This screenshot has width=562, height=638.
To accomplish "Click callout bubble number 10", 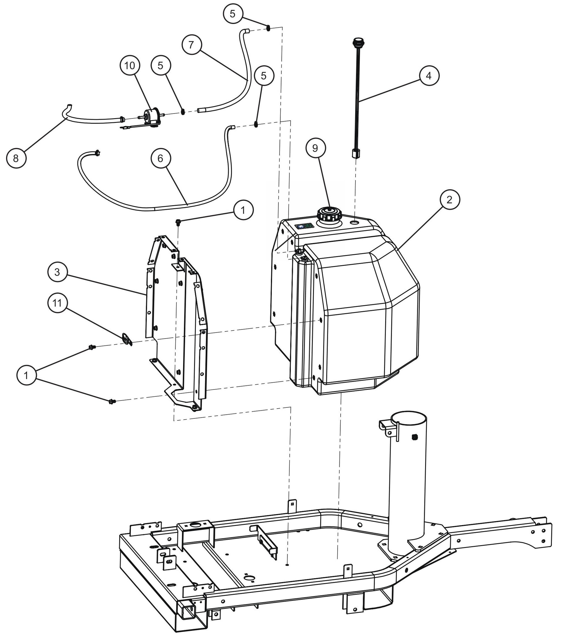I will coord(129,66).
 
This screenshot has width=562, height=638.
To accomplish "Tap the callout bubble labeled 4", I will coord(429,75).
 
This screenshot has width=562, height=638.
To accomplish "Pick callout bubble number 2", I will coord(449,199).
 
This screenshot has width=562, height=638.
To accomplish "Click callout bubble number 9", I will coord(315,148).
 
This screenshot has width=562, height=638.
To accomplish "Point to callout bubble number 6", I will coord(160,158).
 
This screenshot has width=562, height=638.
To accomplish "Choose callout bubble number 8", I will coord(16,158).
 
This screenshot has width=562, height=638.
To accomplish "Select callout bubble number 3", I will coord(57,272).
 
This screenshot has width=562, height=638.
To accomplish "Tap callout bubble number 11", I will coord(57,303).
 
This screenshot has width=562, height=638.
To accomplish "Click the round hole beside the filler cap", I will coord(355,222).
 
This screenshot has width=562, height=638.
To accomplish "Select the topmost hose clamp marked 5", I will coord(268,28).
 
